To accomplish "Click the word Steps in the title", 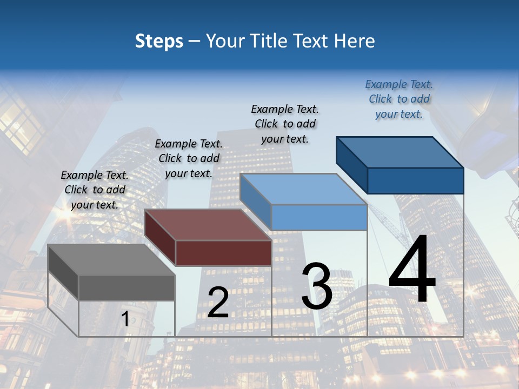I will [159, 41].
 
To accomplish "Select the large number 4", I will [412, 271].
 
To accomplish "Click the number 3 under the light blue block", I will [317, 286].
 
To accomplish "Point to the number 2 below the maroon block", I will [218, 303].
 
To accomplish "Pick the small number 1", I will [125, 319].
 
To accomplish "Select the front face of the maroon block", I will [224, 253].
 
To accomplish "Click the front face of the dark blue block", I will [415, 180].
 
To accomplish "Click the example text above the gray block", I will [95, 190].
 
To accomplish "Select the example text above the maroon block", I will [189, 158].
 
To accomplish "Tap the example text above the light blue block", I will [285, 124].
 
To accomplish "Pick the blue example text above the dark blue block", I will [399, 99].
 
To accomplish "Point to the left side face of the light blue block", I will [255, 200].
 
